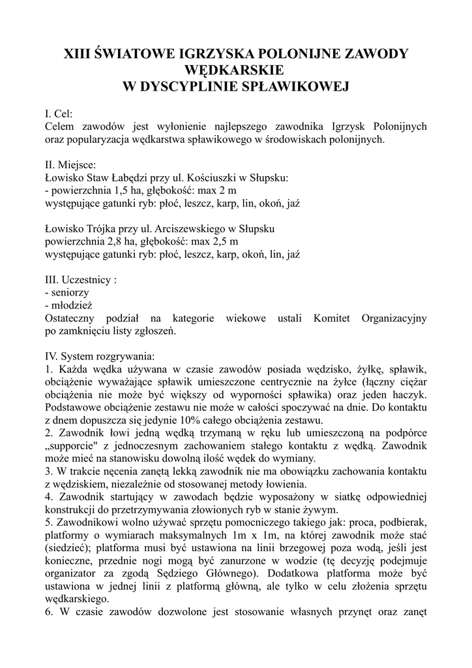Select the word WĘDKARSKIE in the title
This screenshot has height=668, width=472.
pyautogui.click(x=235, y=69)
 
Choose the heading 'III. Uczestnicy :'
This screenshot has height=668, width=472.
pyautogui.click(x=81, y=280)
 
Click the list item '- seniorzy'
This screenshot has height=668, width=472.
pyautogui.click(x=68, y=293)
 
